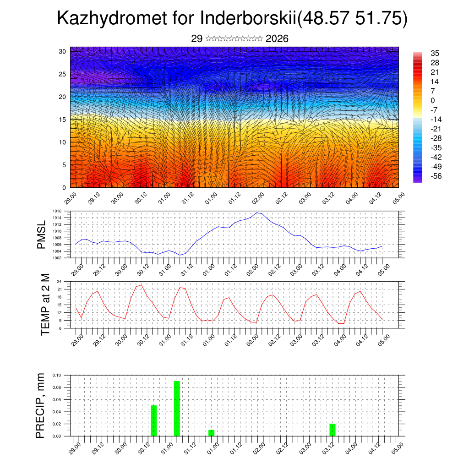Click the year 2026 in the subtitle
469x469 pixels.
pyautogui.click(x=277, y=39)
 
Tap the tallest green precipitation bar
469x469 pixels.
pyautogui.click(x=177, y=408)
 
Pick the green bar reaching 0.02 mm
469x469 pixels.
pyautogui.click(x=332, y=430)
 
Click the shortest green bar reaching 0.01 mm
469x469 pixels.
pyautogui.click(x=211, y=433)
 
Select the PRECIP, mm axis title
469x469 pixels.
pyautogui.click(x=41, y=405)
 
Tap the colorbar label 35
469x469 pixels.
pyautogui.click(x=435, y=54)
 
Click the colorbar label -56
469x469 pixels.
pyautogui.click(x=436, y=176)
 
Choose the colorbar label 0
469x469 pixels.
pyautogui.click(x=433, y=100)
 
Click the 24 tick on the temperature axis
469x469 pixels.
pyautogui.click(x=60, y=281)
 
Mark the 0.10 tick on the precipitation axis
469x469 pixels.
pyautogui.click(x=56, y=375)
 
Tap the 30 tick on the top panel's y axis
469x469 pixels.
pyautogui.click(x=63, y=51)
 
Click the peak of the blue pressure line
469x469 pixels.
pyautogui.click(x=257, y=213)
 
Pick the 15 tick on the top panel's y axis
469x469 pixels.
pyautogui.click(x=63, y=120)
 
